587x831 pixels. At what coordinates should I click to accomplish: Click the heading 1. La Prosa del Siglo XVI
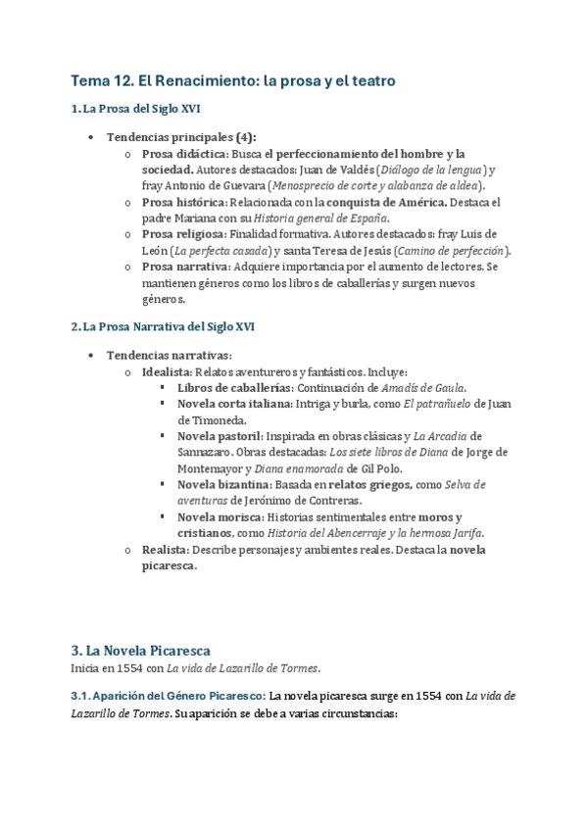tap(136, 109)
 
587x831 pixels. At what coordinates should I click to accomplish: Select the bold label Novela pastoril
tap(220, 436)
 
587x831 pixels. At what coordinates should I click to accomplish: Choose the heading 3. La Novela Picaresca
tap(141, 650)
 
